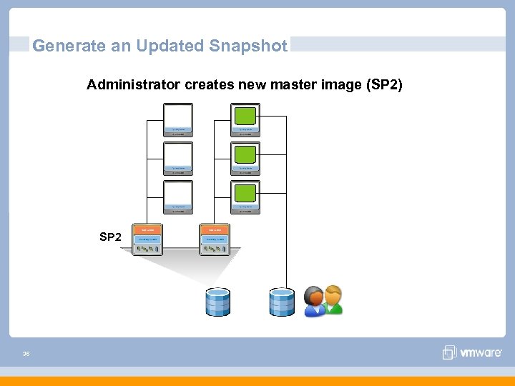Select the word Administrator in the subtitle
point(134,85)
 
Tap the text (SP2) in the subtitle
point(384,85)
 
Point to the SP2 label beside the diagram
point(110,237)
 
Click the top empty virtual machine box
point(177,116)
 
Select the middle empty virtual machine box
point(177,154)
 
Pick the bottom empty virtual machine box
point(177,193)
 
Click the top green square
point(246,116)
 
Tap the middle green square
point(246,154)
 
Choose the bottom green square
point(246,193)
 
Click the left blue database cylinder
point(217,302)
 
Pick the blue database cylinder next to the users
point(282,302)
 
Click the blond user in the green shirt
point(333,300)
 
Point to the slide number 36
point(26,353)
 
